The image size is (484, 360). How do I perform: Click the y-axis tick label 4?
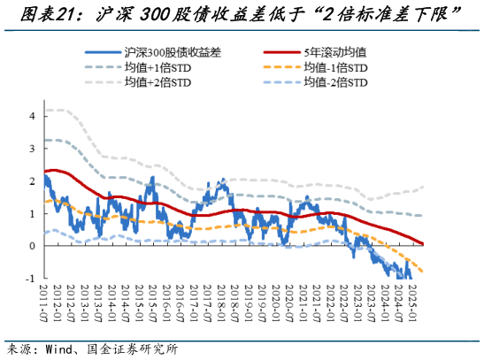[x=32, y=116]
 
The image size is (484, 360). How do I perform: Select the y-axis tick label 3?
[x=32, y=149]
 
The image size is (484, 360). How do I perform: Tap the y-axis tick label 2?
[x=32, y=180]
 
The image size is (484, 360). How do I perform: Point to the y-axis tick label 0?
[x=32, y=246]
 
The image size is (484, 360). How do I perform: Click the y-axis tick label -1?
[x=30, y=278]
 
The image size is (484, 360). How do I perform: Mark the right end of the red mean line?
[x=423, y=243]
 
